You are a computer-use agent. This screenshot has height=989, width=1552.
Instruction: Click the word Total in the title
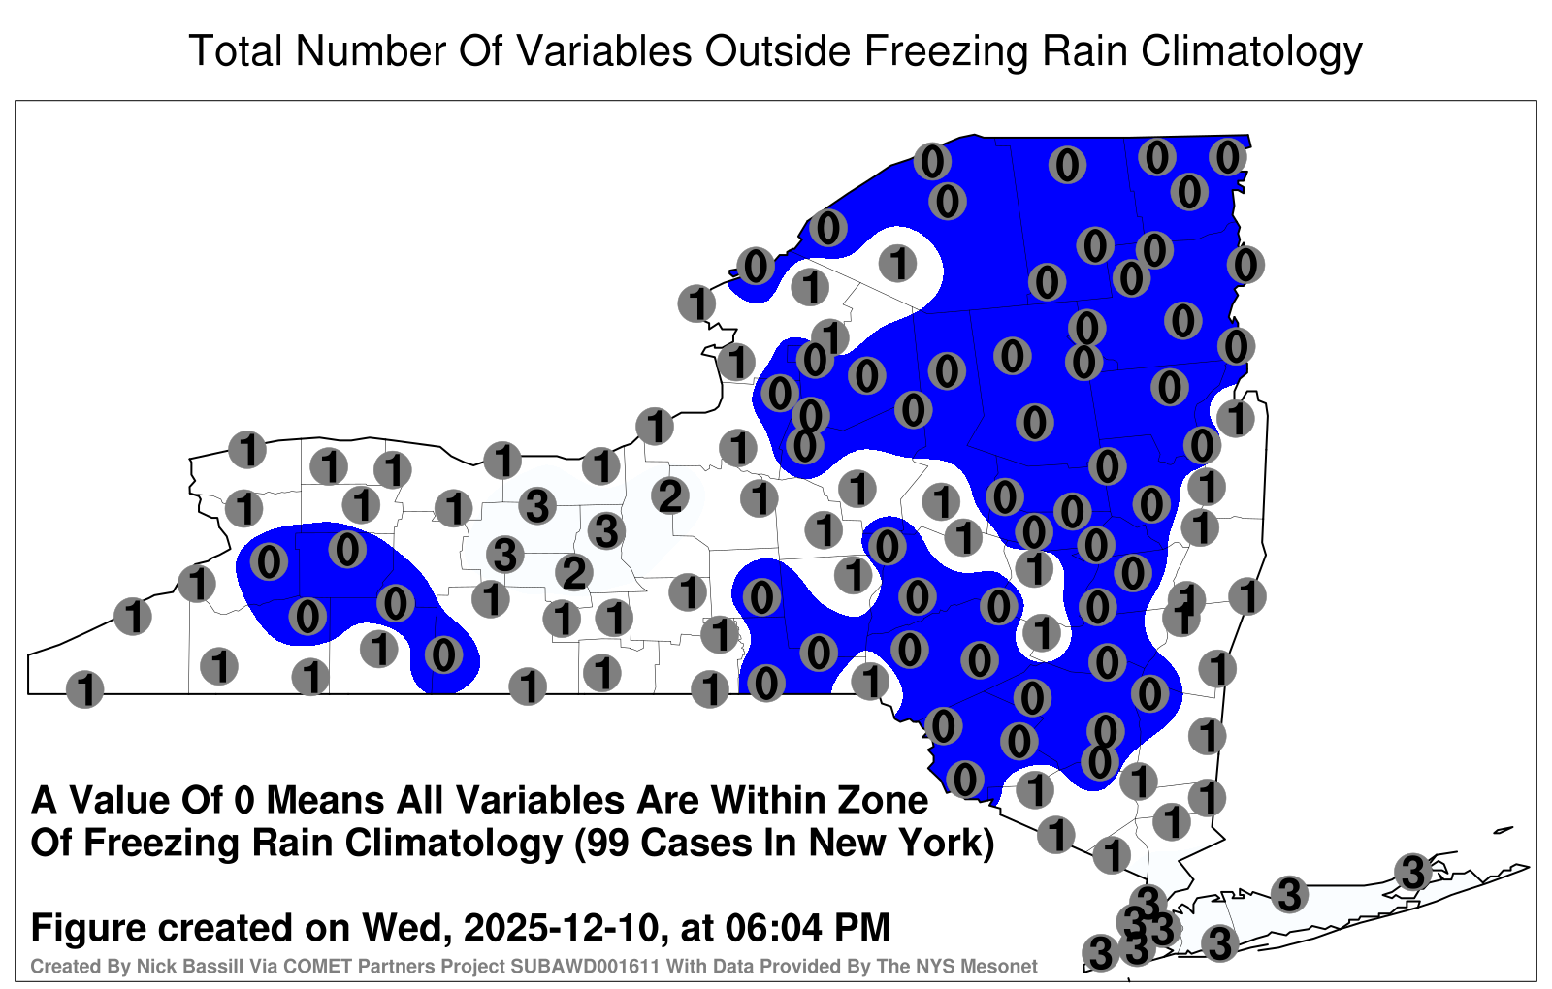pos(237,50)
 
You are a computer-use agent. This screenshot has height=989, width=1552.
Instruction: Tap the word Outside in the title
pos(777,50)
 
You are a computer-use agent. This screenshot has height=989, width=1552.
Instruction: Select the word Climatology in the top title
pos(1251,52)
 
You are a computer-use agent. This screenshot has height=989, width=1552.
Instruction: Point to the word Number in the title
pos(372,50)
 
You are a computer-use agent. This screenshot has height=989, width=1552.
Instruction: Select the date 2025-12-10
pos(559,927)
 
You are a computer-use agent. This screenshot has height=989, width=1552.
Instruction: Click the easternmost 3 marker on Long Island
pos(1412,872)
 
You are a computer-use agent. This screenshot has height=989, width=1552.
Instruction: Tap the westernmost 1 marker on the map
pos(84,689)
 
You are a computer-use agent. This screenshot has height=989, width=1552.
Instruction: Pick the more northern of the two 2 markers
pos(670,495)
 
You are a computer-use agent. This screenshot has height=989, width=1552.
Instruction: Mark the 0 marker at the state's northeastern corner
pos(1228,157)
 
